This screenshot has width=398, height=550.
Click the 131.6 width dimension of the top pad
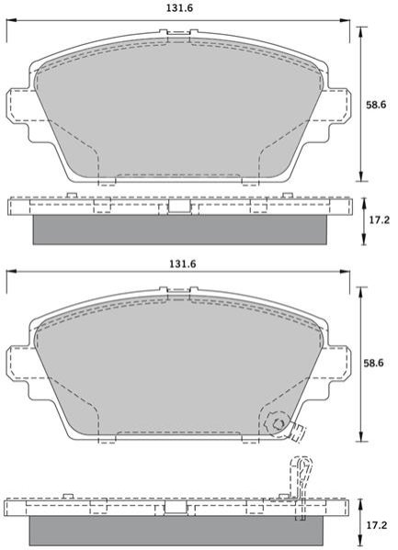179,8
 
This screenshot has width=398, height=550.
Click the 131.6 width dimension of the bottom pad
183,264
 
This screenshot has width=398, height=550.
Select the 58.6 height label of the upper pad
376,105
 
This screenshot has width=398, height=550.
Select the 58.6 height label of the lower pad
373,363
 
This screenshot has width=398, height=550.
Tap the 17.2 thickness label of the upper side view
380,220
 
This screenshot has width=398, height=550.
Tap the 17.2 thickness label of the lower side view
377,525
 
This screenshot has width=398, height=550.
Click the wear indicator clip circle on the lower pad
278,423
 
